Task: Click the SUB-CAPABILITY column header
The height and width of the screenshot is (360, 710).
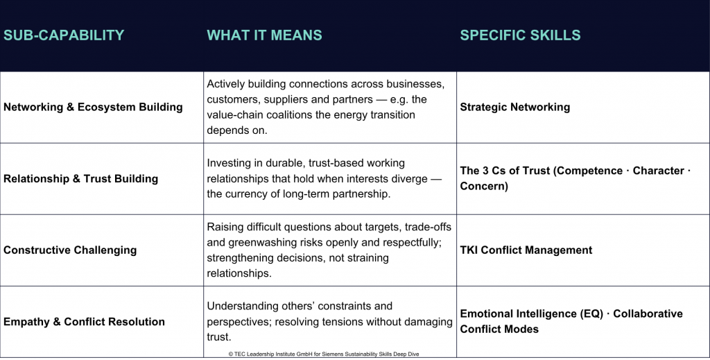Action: [64, 35]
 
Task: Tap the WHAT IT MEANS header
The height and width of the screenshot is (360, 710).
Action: [264, 35]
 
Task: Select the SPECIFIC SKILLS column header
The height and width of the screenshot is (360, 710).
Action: [520, 35]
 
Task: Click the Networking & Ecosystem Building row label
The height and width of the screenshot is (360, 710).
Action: [94, 108]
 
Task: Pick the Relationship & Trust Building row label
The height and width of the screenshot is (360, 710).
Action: [80, 179]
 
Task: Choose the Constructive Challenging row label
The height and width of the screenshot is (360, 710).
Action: [70, 250]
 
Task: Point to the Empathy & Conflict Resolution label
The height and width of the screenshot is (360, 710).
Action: [84, 322]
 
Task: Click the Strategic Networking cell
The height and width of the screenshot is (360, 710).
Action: [515, 108]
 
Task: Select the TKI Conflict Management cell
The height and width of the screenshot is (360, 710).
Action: [526, 250]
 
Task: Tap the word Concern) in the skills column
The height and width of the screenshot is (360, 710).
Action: [484, 186]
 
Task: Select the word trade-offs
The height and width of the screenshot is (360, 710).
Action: [428, 227]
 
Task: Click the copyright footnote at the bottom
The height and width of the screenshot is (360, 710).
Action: [324, 354]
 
